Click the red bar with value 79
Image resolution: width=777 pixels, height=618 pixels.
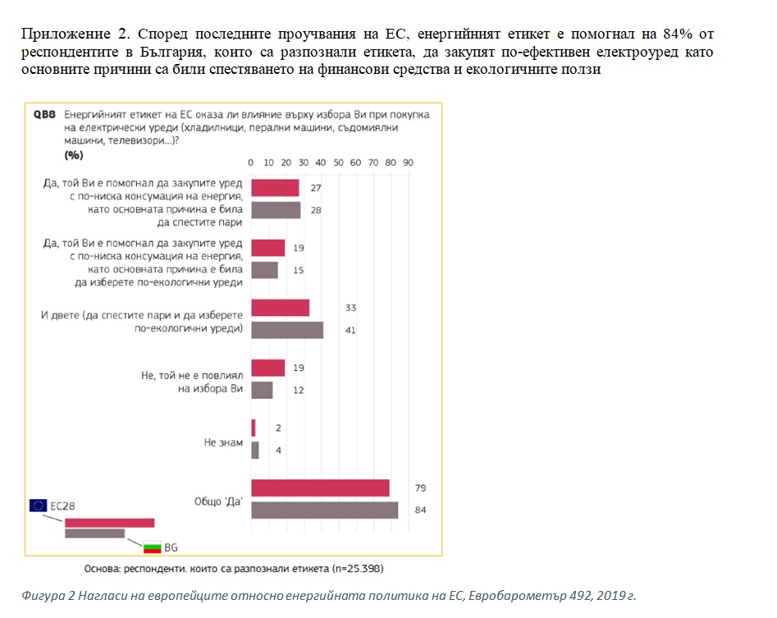click(x=320, y=488)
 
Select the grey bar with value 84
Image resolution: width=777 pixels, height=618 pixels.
click(x=324, y=510)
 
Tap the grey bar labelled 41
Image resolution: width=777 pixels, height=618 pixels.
click(x=287, y=330)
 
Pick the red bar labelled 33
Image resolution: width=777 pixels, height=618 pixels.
click(x=280, y=308)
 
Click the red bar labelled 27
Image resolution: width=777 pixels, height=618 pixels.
click(x=275, y=188)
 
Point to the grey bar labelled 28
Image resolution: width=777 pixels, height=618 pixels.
click(x=276, y=210)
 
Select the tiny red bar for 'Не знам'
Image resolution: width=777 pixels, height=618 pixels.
click(x=254, y=428)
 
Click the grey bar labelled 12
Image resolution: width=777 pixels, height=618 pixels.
click(x=262, y=390)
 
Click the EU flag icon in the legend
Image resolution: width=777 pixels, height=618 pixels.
click(x=38, y=506)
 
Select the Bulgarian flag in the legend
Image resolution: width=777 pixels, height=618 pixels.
click(x=152, y=546)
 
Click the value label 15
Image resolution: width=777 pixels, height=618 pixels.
click(x=299, y=270)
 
